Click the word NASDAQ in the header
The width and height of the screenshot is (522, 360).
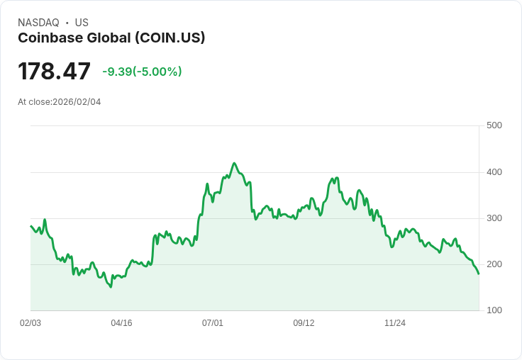(x=38, y=23)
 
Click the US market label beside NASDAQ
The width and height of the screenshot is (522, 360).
(x=82, y=23)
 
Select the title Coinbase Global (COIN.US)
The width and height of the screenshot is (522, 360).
(x=111, y=38)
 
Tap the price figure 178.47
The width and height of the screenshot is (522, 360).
(x=55, y=72)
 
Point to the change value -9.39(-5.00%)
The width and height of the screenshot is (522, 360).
(x=142, y=72)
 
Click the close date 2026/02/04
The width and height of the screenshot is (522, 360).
(x=77, y=102)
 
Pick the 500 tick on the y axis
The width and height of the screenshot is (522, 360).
(x=494, y=125)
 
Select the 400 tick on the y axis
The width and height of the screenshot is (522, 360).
(x=494, y=172)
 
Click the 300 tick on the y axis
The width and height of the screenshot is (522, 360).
(x=494, y=218)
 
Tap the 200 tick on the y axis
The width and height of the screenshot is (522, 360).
(x=494, y=264)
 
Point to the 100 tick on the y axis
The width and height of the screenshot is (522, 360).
(x=494, y=310)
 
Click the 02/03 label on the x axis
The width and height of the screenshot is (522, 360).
(x=30, y=323)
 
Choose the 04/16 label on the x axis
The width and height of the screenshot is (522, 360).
(x=121, y=323)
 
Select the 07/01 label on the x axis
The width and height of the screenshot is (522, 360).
(x=213, y=323)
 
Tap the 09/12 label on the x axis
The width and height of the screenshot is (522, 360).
(x=304, y=323)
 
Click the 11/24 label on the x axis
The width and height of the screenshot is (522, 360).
(x=395, y=323)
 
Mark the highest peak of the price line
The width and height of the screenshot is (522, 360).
(x=234, y=163)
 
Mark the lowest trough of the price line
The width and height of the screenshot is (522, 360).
(x=111, y=287)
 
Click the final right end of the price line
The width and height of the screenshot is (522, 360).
(x=479, y=274)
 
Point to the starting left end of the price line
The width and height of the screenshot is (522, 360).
(x=30, y=226)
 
